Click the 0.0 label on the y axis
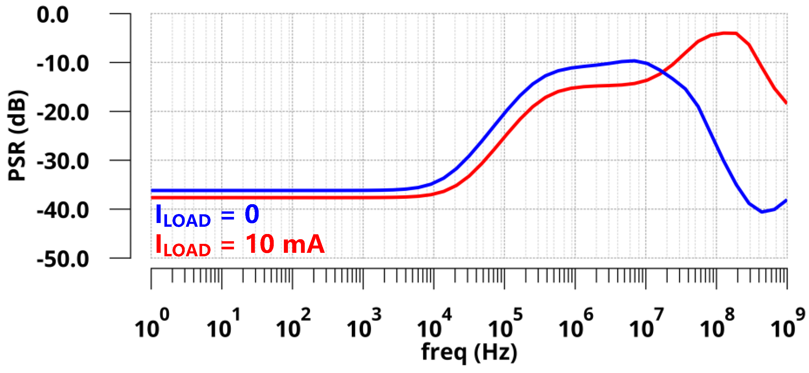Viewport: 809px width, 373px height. point(52,15)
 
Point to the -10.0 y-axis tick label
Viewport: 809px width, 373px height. point(63,64)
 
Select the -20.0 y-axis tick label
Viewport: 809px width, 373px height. point(63,113)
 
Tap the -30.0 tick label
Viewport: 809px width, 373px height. point(63,162)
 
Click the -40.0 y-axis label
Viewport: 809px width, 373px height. point(63,211)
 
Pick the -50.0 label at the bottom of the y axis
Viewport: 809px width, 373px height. point(63,260)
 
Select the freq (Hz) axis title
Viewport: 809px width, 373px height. point(469,353)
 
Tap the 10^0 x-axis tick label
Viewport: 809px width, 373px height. point(152,323)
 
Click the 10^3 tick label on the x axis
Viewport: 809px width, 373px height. point(364,323)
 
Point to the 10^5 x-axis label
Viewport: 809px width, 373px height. point(505,323)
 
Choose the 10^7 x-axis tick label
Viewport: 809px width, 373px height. point(646,323)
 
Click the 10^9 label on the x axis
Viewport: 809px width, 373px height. point(788,323)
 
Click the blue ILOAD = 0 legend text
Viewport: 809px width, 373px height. point(207,215)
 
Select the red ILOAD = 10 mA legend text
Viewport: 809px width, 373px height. point(240,245)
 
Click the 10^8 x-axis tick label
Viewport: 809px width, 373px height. point(717,323)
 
